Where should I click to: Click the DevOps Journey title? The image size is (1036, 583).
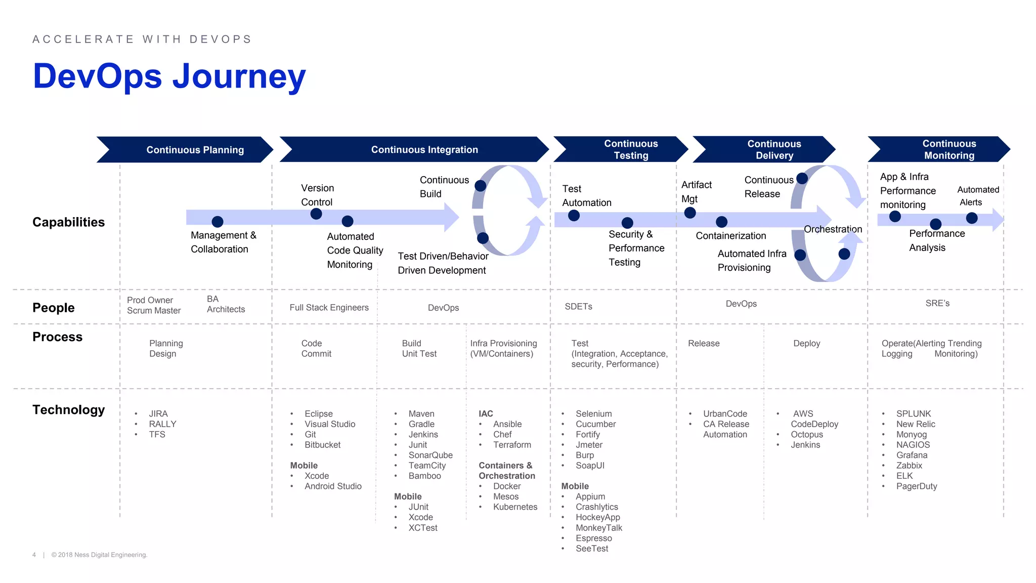pos(169,76)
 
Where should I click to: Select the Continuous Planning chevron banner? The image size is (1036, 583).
pos(195,150)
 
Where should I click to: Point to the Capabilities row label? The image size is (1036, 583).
pos(68,222)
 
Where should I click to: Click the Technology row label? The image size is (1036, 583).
pos(68,409)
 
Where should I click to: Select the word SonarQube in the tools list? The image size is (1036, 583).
pos(430,455)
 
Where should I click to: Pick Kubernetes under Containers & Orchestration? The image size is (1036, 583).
pos(515,507)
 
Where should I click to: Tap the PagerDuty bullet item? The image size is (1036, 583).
pos(916,486)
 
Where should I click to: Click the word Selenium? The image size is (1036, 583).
pos(593,413)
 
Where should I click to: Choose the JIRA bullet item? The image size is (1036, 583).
pos(158,413)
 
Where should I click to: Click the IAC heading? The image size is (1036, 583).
pos(486,413)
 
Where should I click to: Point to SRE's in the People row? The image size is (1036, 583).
pos(937,303)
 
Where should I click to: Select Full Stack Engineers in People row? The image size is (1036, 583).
pos(329,307)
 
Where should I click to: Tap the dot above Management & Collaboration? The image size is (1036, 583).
pos(218,221)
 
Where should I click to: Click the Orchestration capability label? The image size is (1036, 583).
pos(833,229)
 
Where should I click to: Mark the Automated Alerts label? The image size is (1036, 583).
pos(977,196)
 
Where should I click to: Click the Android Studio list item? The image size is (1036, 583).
pos(333,486)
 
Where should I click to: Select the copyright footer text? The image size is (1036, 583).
pos(99,555)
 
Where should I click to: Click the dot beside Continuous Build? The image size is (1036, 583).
pos(481,186)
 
